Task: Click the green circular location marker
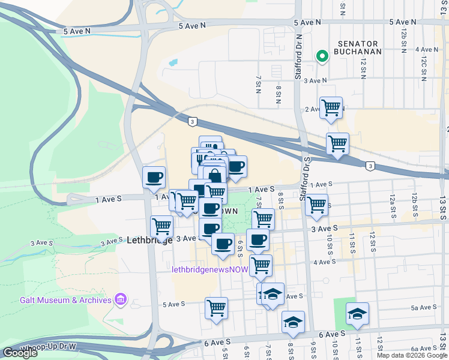click(322, 56)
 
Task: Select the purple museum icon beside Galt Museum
click(121, 299)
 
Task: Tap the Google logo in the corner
click(20, 353)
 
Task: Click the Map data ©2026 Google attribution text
click(412, 355)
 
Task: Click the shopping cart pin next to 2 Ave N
click(331, 108)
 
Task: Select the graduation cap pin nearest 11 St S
click(357, 313)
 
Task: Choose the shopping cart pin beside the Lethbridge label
click(161, 226)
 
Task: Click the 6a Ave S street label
click(423, 349)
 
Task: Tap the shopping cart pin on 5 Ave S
click(216, 308)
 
